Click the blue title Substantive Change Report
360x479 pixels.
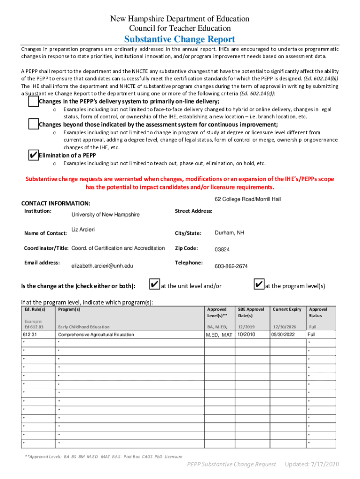[x=180, y=39]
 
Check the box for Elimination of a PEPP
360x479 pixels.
[x=33, y=155]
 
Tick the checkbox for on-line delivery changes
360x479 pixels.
[x=33, y=102]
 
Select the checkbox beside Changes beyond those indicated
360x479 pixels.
[x=33, y=124]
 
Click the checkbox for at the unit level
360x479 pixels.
[x=154, y=285]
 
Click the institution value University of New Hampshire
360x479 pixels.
[x=105, y=215]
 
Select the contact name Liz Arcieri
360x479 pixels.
[x=83, y=229]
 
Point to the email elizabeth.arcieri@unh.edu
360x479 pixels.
[x=102, y=266]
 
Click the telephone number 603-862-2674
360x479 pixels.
[x=231, y=266]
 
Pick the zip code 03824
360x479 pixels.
[x=222, y=250]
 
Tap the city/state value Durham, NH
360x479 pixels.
[x=229, y=233]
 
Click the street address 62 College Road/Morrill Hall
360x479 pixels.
[x=248, y=199]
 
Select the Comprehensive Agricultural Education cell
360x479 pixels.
[x=96, y=334]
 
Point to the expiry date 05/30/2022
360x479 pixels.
[x=284, y=334]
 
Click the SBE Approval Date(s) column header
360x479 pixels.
[x=251, y=312]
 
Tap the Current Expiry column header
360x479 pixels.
[x=287, y=309]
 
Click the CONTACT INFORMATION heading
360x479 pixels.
[x=56, y=203]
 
